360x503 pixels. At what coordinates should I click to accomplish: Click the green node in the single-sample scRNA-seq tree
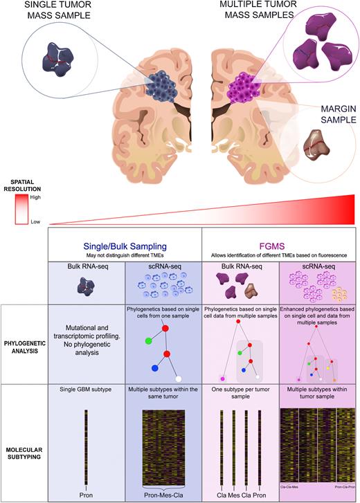148,340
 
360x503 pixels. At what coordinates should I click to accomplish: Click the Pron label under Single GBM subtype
86,493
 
